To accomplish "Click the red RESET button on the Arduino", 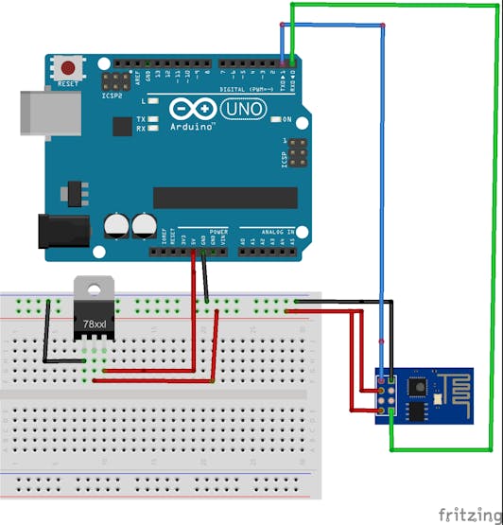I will pyautogui.click(x=67, y=67).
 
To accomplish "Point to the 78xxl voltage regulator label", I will pyautogui.click(x=94, y=324).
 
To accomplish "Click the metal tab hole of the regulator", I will pyautogui.click(x=94, y=287).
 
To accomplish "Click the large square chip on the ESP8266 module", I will pyautogui.click(x=417, y=389).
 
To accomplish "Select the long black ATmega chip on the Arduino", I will pyautogui.click(x=225, y=197).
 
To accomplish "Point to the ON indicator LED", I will pyautogui.click(x=275, y=120).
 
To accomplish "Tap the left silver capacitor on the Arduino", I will pyautogui.click(x=116, y=224).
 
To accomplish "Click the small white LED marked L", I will pyautogui.click(x=153, y=100).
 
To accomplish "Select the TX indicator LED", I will pyautogui.click(x=153, y=120).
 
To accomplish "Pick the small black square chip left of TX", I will pyautogui.click(x=121, y=126).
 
